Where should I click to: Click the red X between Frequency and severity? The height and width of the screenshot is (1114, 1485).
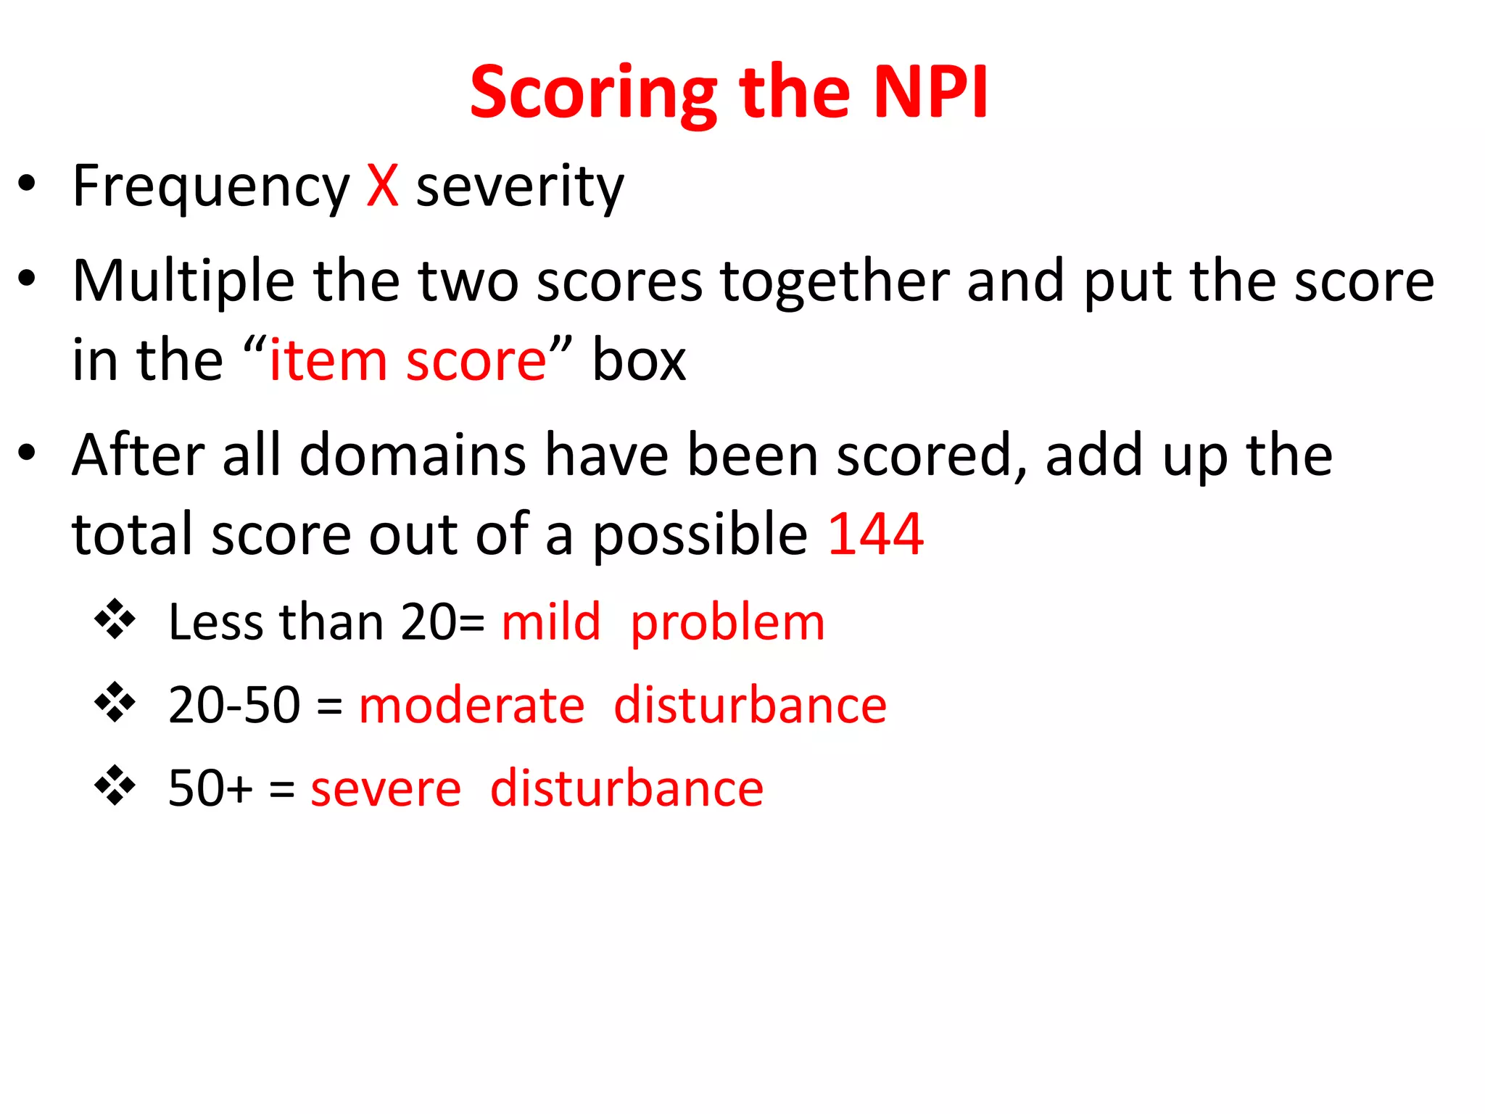[382, 186]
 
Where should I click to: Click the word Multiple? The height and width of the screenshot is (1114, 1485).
[183, 283]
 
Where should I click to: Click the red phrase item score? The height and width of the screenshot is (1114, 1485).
[408, 361]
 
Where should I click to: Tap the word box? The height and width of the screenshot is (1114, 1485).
[639, 361]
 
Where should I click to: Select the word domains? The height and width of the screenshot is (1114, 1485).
[413, 455]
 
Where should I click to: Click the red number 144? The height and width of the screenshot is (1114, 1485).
[875, 535]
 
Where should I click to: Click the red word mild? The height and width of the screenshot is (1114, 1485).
[551, 622]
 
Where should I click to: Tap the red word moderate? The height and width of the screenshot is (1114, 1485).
[471, 705]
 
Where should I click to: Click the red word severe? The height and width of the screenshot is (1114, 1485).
[386, 789]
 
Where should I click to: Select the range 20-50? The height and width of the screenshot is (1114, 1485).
[233, 705]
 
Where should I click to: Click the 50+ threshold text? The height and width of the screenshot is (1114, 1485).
[210, 788]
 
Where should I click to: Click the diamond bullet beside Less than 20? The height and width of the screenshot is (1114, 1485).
[115, 619]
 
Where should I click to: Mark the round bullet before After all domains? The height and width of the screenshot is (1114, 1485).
[27, 453]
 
